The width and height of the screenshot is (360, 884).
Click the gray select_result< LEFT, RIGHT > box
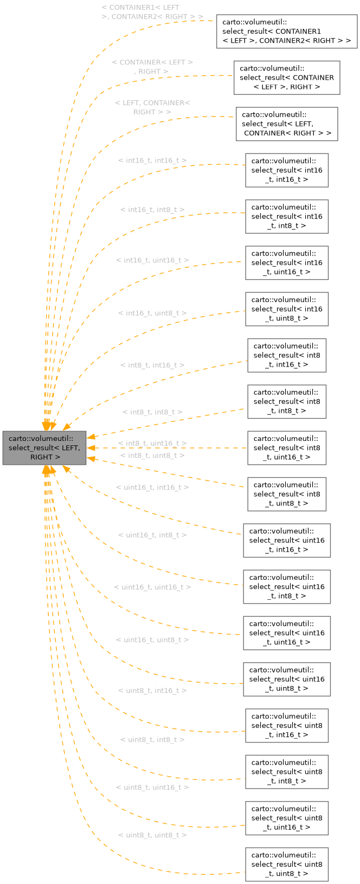(44, 448)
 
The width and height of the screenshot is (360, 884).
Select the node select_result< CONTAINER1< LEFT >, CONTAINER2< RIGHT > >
(287, 31)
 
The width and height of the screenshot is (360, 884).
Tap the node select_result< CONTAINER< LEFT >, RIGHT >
(287, 78)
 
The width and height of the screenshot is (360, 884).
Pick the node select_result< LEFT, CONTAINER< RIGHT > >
(287, 124)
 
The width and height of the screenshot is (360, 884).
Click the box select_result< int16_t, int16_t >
(287, 170)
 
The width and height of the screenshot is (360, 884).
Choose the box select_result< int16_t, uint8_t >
(287, 309)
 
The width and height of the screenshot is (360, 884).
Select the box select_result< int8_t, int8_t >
(287, 401)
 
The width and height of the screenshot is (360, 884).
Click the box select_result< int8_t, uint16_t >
(287, 448)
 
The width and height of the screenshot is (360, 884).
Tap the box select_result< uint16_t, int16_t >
(287, 541)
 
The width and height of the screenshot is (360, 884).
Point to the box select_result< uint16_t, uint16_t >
(287, 633)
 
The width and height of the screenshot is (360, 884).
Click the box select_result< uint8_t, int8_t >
(287, 772)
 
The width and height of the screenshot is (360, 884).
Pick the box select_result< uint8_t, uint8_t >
(287, 864)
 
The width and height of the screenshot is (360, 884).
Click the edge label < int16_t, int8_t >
(152, 210)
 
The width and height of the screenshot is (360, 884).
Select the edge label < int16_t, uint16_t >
(152, 261)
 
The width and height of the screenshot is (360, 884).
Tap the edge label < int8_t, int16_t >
(152, 366)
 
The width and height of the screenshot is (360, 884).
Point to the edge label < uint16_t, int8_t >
(152, 535)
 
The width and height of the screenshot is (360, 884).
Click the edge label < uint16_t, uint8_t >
(152, 640)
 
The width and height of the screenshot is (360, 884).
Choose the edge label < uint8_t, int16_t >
(152, 691)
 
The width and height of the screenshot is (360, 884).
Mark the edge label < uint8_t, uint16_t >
(152, 787)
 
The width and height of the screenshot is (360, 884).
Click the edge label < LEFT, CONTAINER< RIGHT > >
(152, 107)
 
